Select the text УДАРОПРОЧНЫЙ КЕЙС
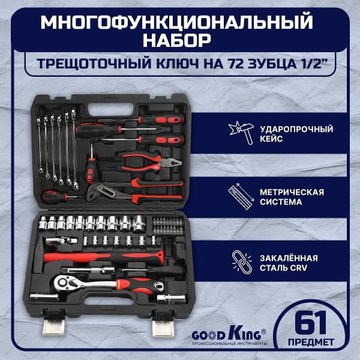click(x=293, y=134)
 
